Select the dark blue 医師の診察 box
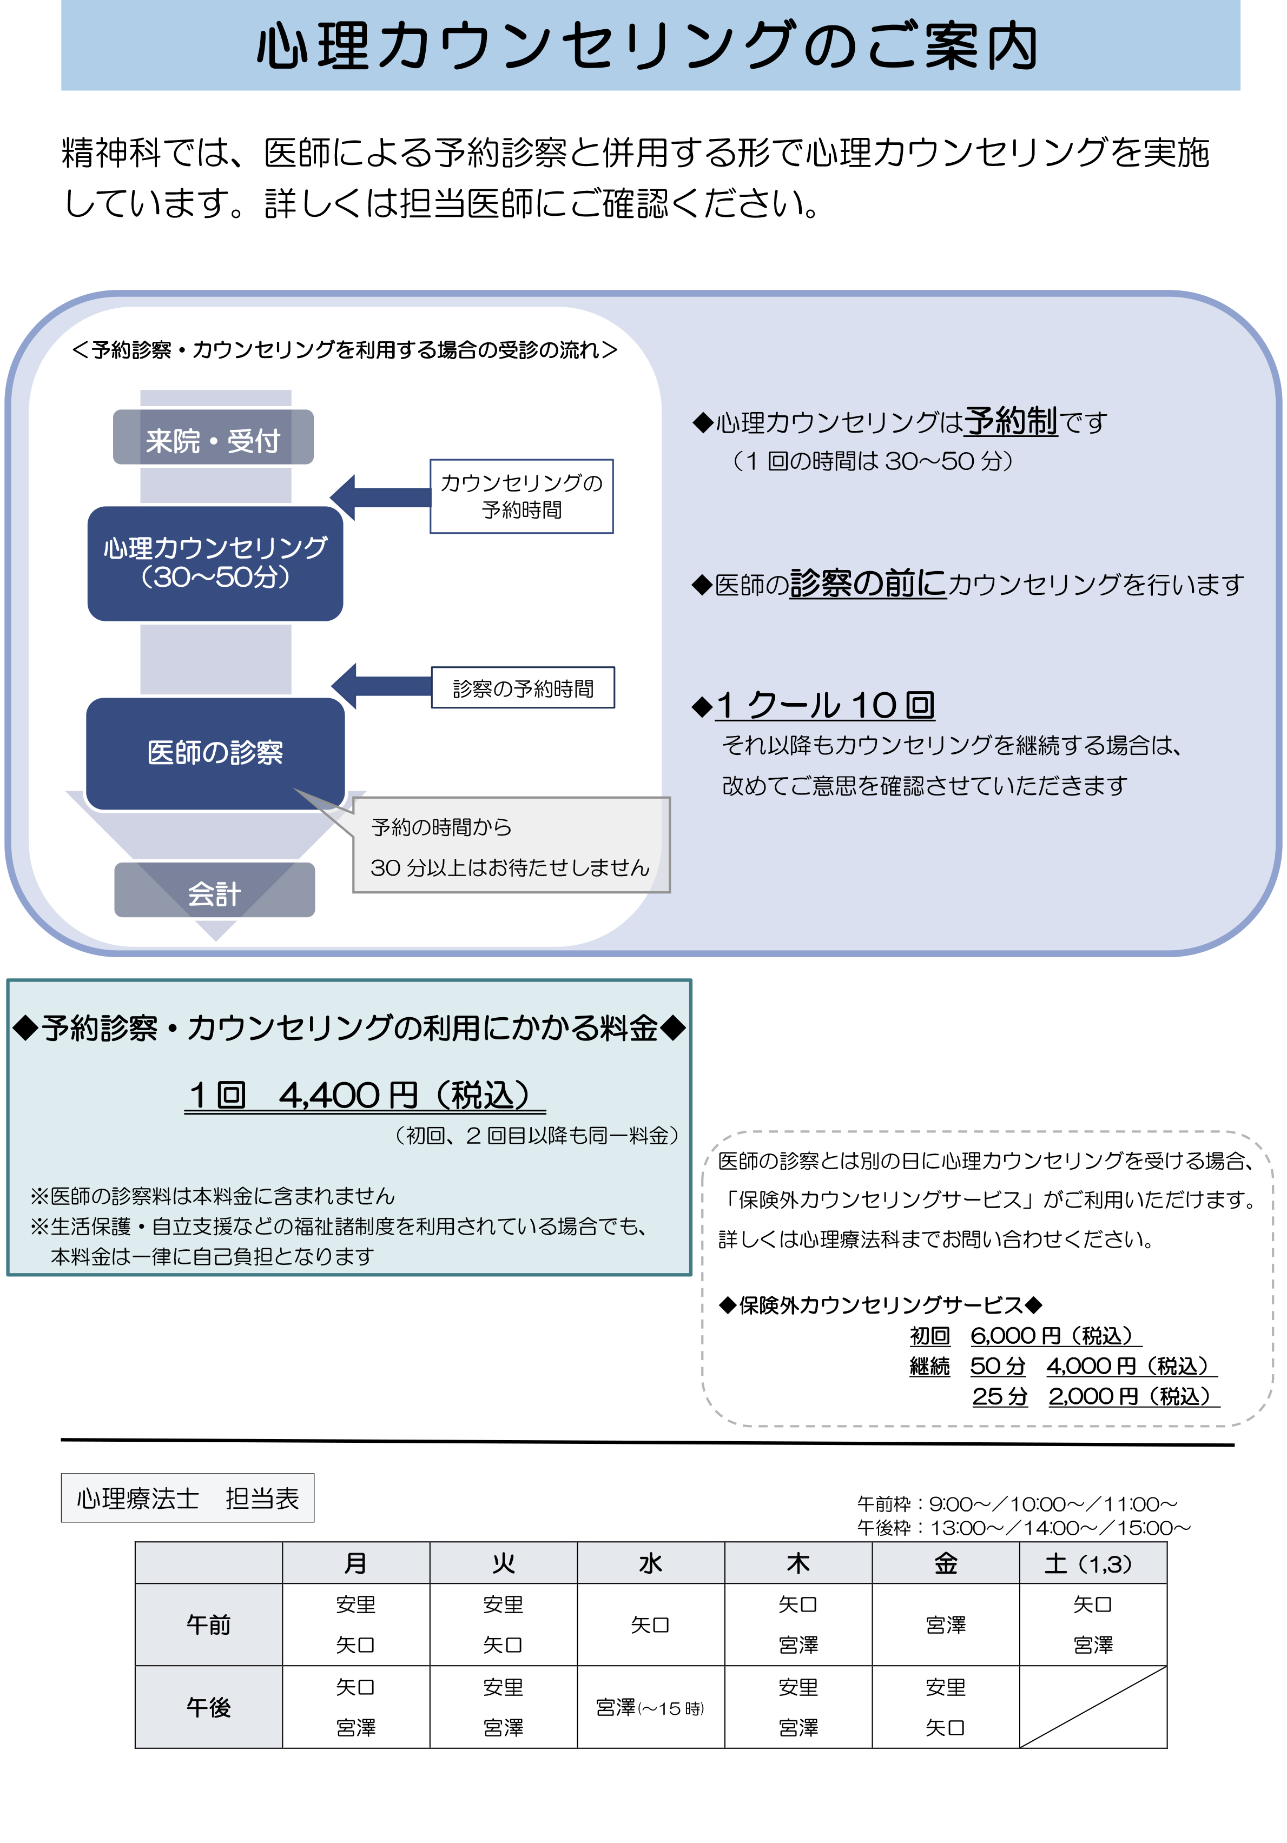[215, 753]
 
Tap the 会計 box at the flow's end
[214, 890]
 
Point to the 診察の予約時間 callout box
[523, 688]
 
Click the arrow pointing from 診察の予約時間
[381, 686]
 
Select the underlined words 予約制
[1011, 421]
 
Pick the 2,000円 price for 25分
[1134, 1397]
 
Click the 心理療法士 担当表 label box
[188, 1498]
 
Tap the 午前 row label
[209, 1625]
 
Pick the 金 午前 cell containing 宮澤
[946, 1625]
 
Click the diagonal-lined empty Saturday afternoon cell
[1093, 1707]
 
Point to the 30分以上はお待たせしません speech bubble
[511, 845]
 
